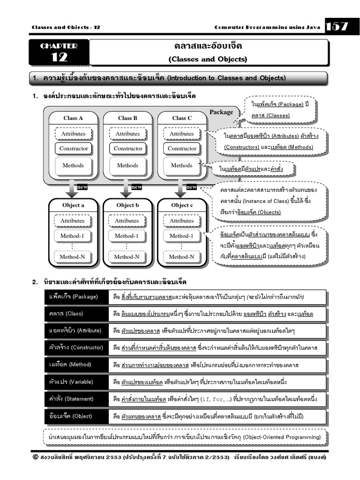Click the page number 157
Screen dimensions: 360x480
tap(337, 27)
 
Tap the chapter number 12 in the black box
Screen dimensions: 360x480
tap(59, 57)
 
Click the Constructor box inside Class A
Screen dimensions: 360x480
tap(74, 149)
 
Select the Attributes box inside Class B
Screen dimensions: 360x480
tap(127, 134)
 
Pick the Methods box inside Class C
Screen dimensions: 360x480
tap(181, 165)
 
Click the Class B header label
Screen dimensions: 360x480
tap(127, 118)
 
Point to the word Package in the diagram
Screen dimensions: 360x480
tap(221, 112)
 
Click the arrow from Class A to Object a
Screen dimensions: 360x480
tap(72, 188)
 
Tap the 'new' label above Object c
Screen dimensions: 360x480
tap(191, 187)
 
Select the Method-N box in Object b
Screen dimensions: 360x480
tap(127, 257)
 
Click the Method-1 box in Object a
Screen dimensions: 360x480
tap(72, 236)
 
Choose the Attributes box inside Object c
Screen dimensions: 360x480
tap(181, 221)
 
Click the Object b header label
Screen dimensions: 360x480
tap(127, 205)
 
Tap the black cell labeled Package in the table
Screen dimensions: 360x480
tap(76, 297)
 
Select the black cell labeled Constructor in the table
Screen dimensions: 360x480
tap(76, 348)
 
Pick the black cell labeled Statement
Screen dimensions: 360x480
tap(76, 399)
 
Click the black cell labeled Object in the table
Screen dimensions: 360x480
tap(76, 416)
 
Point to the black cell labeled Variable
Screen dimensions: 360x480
tap(76, 382)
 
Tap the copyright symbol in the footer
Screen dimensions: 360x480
tap(35, 457)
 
